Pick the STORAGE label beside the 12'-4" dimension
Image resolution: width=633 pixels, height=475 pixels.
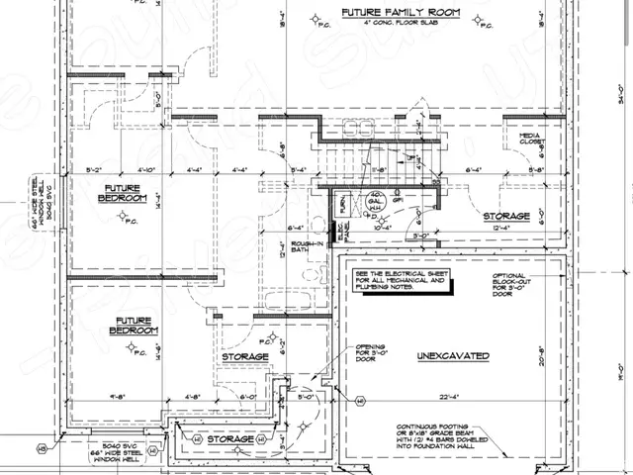coord(505,216)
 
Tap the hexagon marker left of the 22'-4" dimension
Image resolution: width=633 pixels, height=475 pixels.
coord(359,400)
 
